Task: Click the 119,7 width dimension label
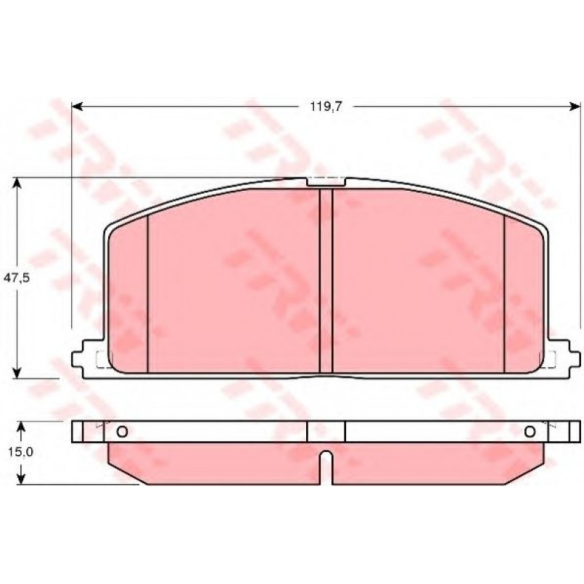(326, 107)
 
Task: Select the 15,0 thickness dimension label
(20, 452)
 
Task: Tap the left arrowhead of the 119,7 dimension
(77, 107)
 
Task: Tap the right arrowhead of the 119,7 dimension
(575, 107)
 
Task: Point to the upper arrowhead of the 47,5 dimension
(17, 184)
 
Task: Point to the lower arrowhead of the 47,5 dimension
(17, 373)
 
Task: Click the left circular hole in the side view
(122, 432)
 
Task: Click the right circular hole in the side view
(530, 432)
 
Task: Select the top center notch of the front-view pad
(326, 181)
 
